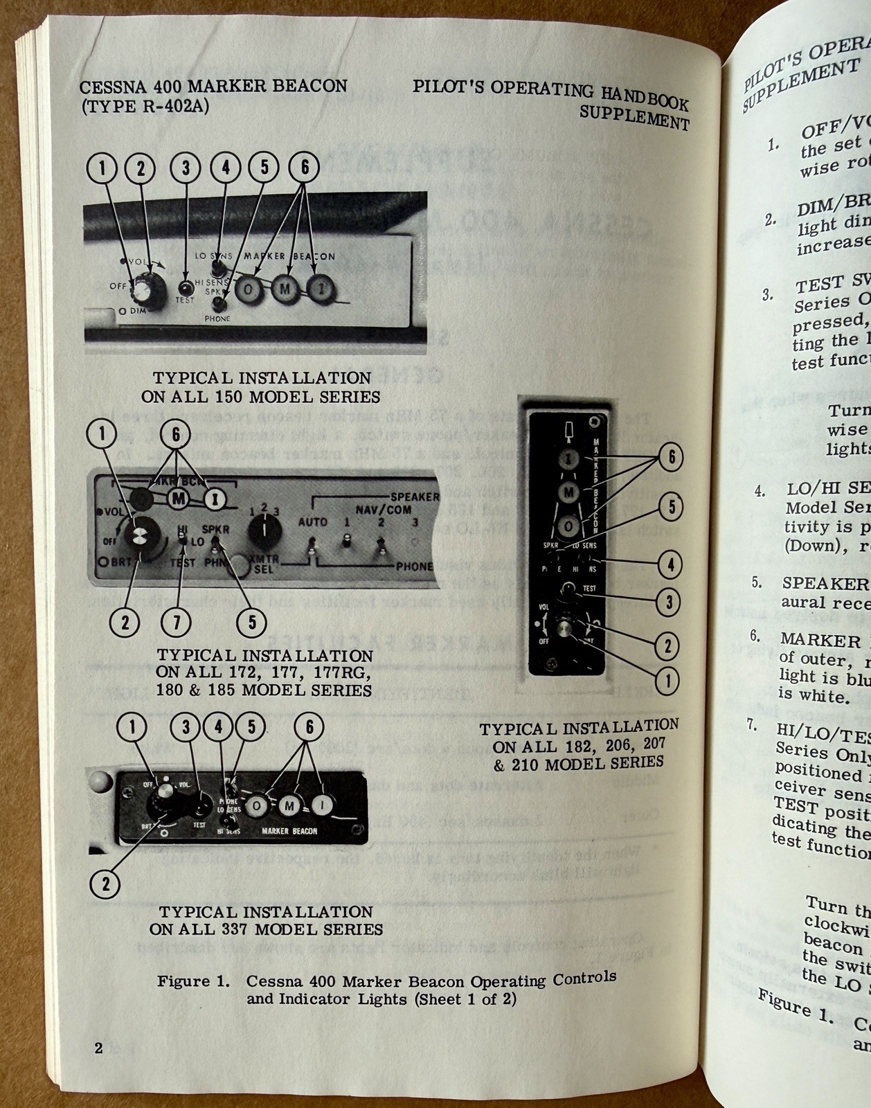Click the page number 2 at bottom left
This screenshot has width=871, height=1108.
(98, 1048)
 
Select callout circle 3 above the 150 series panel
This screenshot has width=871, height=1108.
(186, 168)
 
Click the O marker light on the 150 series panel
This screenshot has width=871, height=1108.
(248, 289)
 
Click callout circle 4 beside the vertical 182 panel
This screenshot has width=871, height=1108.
(670, 564)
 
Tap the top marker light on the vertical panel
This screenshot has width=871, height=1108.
(568, 459)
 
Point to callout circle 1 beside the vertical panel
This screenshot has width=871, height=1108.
(668, 681)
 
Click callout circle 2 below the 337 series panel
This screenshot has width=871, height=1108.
(105, 884)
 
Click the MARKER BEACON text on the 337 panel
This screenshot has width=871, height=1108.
(289, 831)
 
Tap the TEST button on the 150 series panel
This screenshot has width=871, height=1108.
(186, 287)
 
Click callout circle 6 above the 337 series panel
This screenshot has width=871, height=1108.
(309, 726)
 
